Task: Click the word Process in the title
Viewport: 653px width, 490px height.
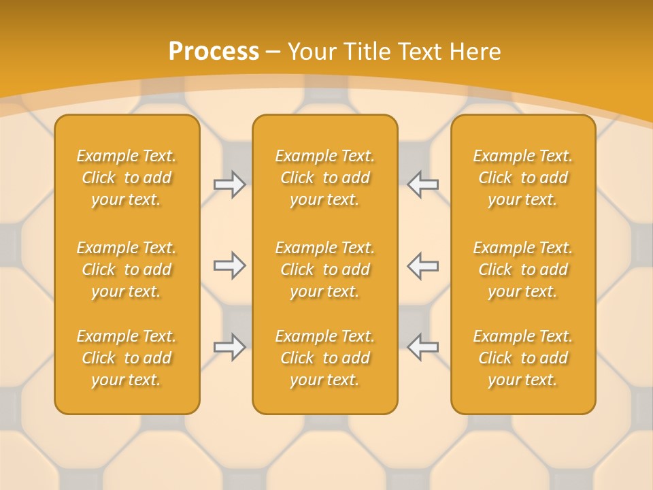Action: click(x=214, y=52)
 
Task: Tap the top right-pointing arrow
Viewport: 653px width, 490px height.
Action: click(x=229, y=185)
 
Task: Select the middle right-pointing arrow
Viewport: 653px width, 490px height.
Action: click(x=229, y=265)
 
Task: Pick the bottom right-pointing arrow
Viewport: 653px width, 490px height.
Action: click(x=229, y=346)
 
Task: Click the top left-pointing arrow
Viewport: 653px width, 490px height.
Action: click(x=422, y=185)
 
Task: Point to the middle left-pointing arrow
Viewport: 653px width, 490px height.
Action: click(x=422, y=265)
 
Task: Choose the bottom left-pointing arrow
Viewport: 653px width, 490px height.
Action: click(x=422, y=346)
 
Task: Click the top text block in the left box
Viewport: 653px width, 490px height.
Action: click(x=127, y=178)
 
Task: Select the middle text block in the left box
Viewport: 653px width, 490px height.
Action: click(x=127, y=269)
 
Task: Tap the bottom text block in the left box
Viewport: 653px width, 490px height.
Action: click(x=127, y=358)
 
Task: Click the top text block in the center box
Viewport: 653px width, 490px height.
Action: click(x=325, y=178)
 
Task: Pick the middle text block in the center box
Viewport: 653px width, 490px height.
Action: click(x=325, y=269)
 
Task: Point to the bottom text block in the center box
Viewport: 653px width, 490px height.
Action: click(x=325, y=358)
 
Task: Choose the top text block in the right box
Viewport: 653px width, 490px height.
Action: click(x=523, y=178)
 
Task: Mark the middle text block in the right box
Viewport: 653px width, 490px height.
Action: click(x=523, y=269)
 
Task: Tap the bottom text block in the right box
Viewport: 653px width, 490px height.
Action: click(x=523, y=358)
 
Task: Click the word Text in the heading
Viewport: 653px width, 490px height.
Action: click(x=420, y=52)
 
